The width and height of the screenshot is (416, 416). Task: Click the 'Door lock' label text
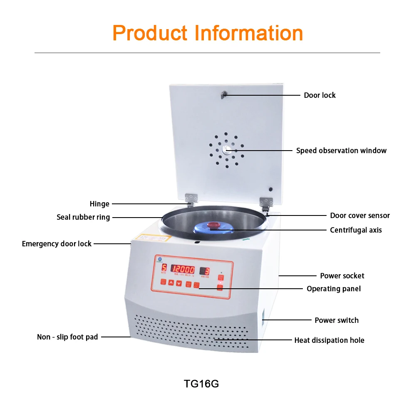point(319,95)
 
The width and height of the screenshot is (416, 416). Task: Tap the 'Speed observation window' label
point(341,151)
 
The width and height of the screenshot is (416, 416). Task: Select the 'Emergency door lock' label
point(57,244)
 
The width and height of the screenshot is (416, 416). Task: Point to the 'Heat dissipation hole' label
point(329,340)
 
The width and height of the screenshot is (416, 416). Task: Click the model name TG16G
point(201,384)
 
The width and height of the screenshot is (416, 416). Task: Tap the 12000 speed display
point(183,269)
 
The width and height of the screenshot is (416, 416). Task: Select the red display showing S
point(164,268)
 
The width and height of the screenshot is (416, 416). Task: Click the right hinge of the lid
point(266,203)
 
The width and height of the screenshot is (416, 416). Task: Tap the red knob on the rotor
point(214,225)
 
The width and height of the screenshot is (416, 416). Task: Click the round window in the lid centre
point(226,150)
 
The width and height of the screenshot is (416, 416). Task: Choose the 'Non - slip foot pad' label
point(67,337)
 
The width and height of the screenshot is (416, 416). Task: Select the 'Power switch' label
point(337,320)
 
